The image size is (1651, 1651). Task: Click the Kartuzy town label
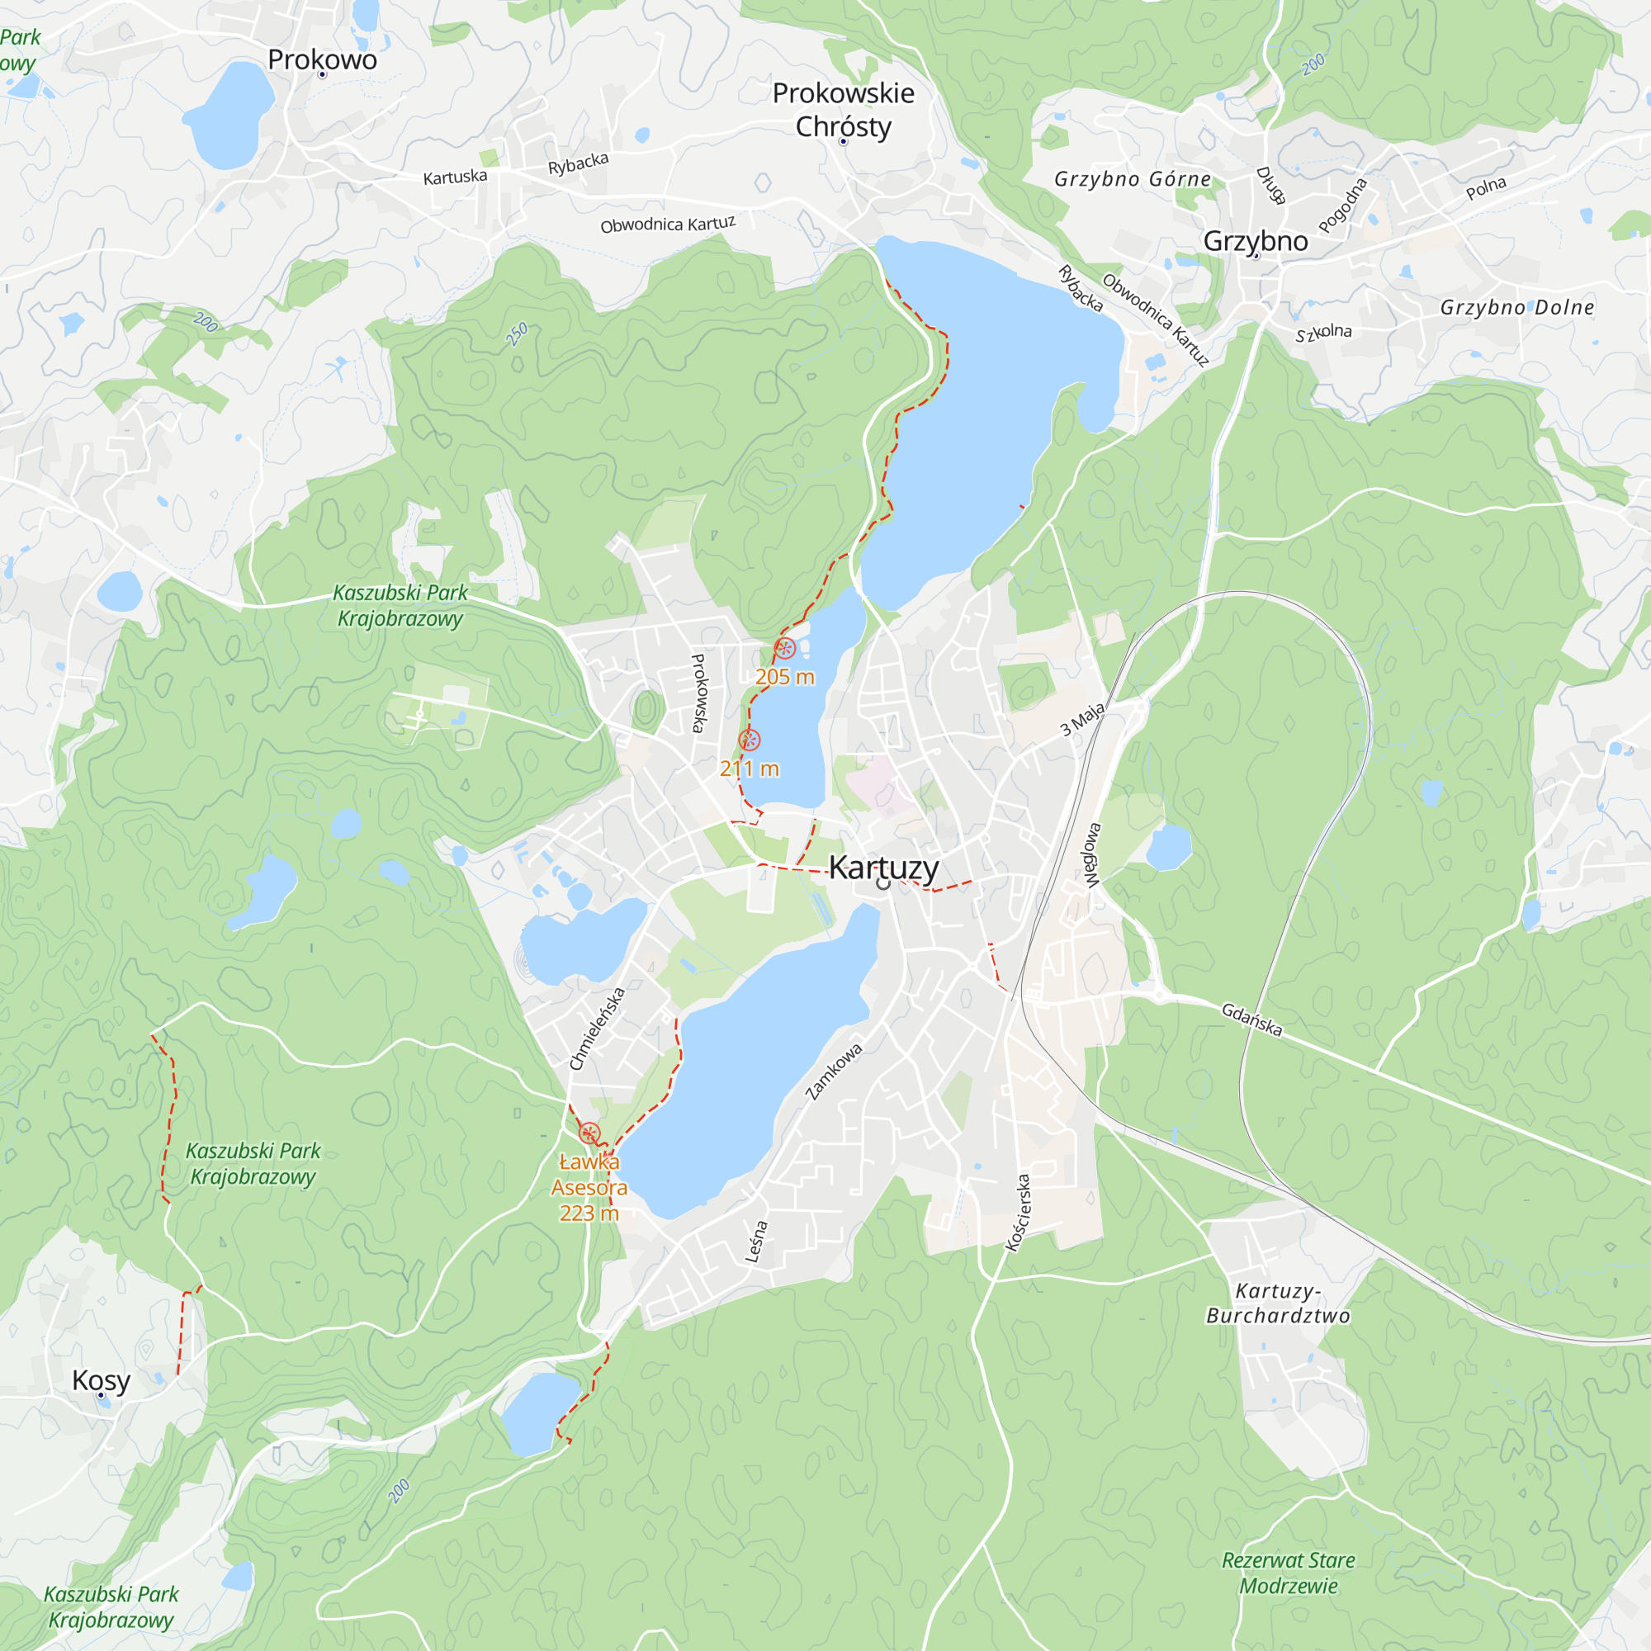coord(883,868)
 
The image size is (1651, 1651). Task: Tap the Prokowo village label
coord(322,59)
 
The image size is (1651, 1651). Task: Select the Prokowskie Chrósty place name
coord(844,110)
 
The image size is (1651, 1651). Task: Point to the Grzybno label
coord(1256,241)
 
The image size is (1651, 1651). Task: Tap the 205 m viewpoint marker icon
coord(784,649)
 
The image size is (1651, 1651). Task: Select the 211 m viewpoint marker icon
coord(750,740)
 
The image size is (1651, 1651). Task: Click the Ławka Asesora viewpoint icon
coord(589,1134)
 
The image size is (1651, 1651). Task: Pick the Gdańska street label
coord(1252,1019)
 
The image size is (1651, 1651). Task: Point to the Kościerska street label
coord(1019,1213)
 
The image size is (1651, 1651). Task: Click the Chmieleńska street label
coord(598,1029)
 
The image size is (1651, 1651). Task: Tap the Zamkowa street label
coord(834,1071)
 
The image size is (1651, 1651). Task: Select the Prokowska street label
coord(699,693)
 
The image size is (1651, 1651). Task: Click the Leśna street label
coord(756,1242)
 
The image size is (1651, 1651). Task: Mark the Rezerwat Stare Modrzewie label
coord(1288,1573)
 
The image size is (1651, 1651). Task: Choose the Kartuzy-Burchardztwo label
coord(1279,1303)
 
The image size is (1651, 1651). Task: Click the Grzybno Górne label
coord(1133,179)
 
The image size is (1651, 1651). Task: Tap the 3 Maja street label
coord(1082,719)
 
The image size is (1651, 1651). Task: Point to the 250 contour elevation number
coord(517,334)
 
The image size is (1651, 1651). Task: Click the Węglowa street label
coord(1093,854)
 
